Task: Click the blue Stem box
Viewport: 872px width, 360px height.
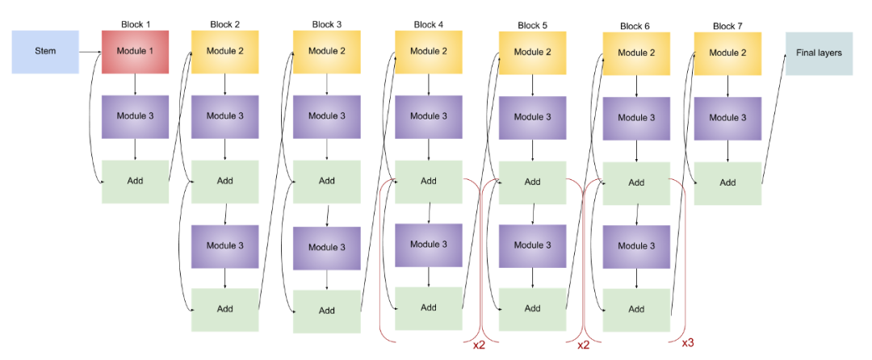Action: coord(45,52)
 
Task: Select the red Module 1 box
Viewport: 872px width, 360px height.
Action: coord(135,52)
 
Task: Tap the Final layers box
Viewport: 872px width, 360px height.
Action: coord(819,53)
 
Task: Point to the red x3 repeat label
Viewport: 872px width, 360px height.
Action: coord(687,343)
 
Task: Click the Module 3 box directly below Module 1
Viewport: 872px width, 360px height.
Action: coord(135,116)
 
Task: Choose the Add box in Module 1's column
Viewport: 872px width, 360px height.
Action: coord(135,181)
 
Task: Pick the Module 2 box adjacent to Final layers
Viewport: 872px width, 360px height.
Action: coord(727,53)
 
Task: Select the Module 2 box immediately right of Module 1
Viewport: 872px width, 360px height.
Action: coord(224,52)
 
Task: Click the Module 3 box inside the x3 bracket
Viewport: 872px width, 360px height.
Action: coord(636,246)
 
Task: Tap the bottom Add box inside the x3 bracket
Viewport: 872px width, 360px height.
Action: coord(636,309)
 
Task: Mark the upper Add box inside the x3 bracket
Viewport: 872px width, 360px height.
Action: coord(636,182)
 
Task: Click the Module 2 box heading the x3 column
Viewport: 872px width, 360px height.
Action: coord(636,53)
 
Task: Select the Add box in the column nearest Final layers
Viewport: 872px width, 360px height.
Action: coord(727,182)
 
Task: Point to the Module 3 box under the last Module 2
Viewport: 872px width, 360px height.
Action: coord(727,118)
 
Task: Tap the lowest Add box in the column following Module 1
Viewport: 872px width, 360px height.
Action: coord(224,309)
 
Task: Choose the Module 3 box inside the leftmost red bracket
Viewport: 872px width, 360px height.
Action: coord(428,245)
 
